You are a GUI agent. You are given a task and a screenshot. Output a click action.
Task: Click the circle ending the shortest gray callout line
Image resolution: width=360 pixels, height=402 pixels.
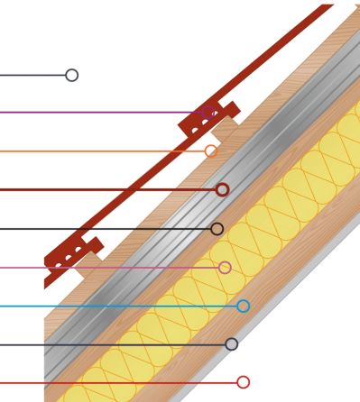coord(71,75)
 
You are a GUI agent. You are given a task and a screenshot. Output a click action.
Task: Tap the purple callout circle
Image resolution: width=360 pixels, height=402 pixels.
coord(209,113)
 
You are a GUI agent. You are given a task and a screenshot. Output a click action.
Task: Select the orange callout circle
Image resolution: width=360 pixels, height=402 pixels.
coord(211,151)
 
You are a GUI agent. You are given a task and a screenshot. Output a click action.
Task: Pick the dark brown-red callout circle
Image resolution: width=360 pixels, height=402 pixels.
coord(222,189)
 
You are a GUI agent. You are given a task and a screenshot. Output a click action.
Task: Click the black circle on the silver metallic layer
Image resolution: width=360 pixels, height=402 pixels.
coord(217,229)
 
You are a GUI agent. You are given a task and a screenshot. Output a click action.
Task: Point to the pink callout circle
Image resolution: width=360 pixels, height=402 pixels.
coord(225,268)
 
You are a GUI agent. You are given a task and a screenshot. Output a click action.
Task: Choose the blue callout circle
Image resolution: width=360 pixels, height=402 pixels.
coord(243,306)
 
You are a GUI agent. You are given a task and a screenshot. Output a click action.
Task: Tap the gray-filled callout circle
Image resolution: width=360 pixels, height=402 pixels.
coord(231,344)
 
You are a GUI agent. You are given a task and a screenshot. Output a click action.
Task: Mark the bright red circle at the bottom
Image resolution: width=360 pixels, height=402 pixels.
coord(243,382)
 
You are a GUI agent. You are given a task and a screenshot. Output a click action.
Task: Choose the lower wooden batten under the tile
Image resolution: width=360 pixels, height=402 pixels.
coord(90,267)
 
